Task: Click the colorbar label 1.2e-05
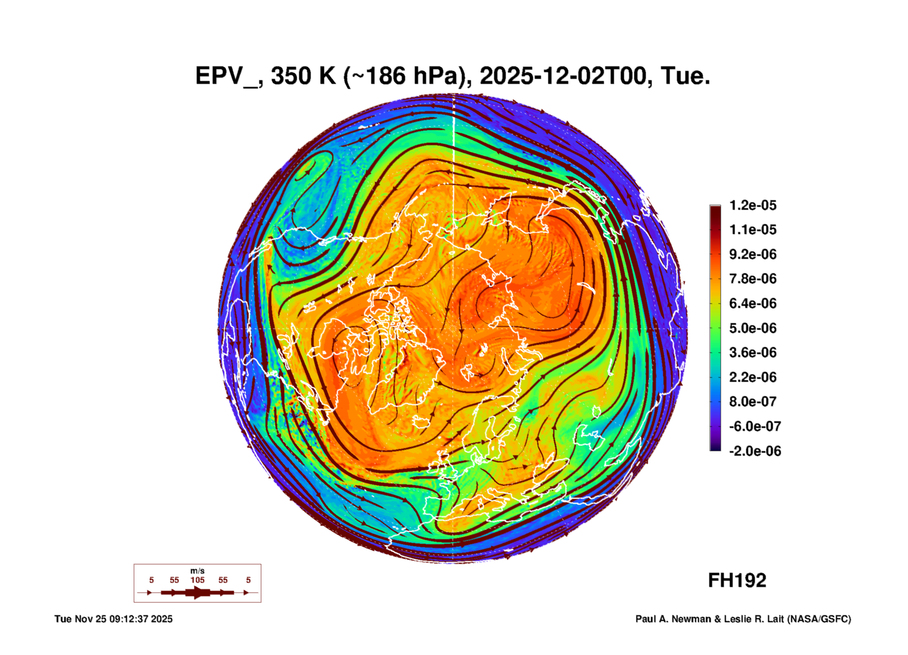752,205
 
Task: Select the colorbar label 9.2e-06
752,254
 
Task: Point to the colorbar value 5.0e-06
752,328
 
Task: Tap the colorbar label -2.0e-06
754,451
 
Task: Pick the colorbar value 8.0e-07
752,402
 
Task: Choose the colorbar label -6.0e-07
754,426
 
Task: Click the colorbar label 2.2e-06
752,377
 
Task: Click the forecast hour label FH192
737,581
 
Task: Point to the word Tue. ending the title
685,76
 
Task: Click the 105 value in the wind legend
198,580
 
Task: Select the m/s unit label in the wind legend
198,571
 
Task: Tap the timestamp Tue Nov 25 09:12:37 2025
113,619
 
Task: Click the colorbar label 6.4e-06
752,303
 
